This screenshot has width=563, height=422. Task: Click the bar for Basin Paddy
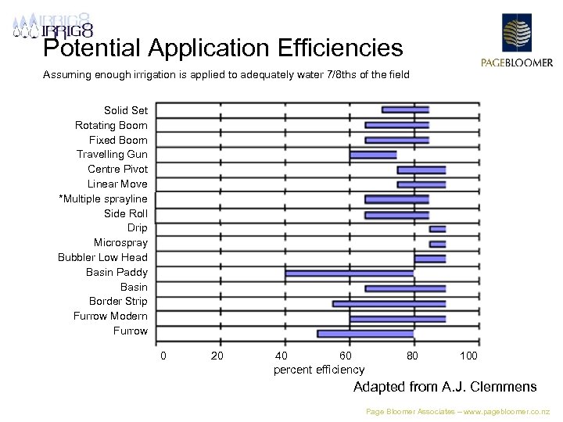tap(350, 274)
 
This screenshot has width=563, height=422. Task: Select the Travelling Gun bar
tap(373, 155)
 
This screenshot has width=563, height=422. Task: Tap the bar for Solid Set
tap(405, 109)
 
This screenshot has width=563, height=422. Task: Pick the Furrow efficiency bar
tap(365, 334)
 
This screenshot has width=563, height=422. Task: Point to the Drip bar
tap(437, 229)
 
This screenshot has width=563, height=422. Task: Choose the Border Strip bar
tap(389, 303)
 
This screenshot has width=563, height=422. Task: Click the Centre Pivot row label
tap(117, 170)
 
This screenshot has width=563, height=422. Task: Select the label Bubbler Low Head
tap(102, 258)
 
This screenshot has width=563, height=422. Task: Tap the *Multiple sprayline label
tap(103, 199)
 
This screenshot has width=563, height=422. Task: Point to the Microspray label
tap(120, 243)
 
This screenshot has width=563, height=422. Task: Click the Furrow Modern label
tap(110, 316)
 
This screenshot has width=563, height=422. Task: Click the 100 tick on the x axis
tap(468, 356)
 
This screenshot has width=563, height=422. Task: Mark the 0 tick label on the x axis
tap(163, 356)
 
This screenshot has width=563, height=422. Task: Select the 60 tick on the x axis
tap(346, 356)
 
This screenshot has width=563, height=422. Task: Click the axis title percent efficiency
tap(319, 370)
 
